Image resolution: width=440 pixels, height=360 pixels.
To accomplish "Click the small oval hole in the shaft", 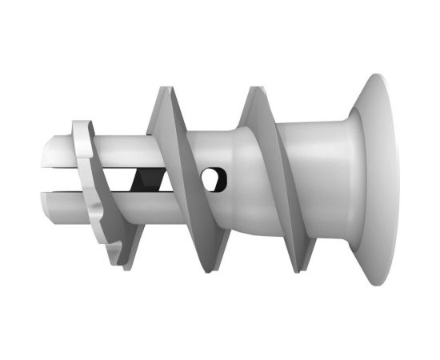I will pos(212,180).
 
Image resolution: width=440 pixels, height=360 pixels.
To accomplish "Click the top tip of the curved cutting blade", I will pos(78,124).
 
